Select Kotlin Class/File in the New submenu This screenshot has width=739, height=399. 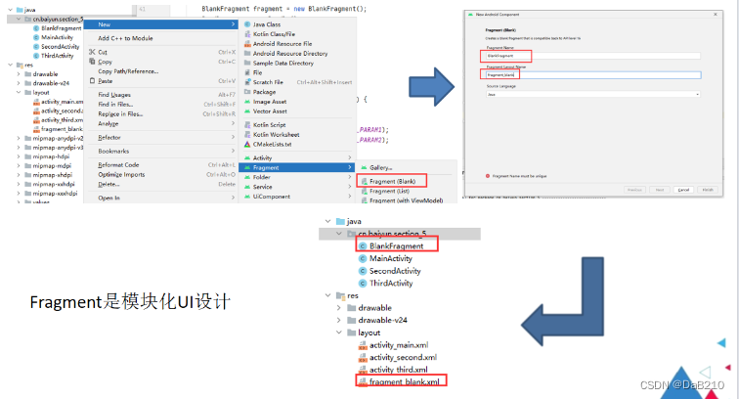[278, 35]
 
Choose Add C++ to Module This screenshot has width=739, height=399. [125, 38]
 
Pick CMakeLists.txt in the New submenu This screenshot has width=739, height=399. [279, 144]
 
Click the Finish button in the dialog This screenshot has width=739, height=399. [707, 189]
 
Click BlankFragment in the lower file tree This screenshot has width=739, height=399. [396, 246]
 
